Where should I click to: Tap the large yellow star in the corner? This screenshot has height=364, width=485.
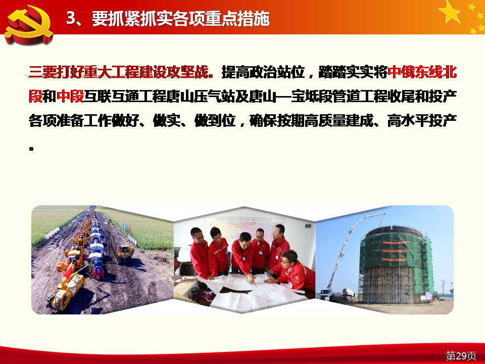pyautogui.click(x=450, y=12)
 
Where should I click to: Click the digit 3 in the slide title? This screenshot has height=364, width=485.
pyautogui.click(x=71, y=18)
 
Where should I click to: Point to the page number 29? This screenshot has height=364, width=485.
pyautogui.click(x=461, y=355)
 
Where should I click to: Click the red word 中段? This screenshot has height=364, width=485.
pyautogui.click(x=70, y=96)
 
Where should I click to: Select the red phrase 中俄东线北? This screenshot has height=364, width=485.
pyautogui.click(x=422, y=72)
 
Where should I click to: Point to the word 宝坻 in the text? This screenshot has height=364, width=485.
pyautogui.click(x=305, y=96)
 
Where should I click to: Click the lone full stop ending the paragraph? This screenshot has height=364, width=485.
pyautogui.click(x=31, y=149)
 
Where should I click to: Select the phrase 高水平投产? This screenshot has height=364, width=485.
pyautogui.click(x=422, y=120)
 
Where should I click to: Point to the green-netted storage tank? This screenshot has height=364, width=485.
pyautogui.click(x=397, y=264)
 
